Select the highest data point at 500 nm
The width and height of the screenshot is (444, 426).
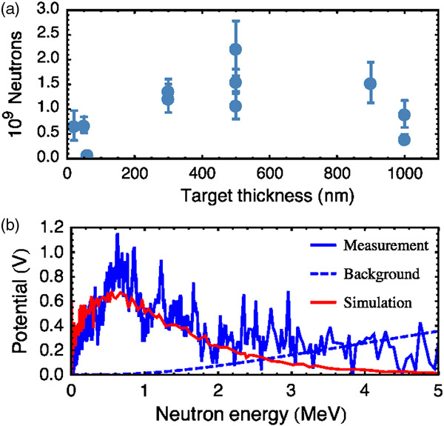coord(236,49)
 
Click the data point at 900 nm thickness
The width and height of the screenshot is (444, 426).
coord(371,83)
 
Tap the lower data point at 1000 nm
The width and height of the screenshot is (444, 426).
coord(405,139)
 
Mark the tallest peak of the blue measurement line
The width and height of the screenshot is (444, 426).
coord(117,234)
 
